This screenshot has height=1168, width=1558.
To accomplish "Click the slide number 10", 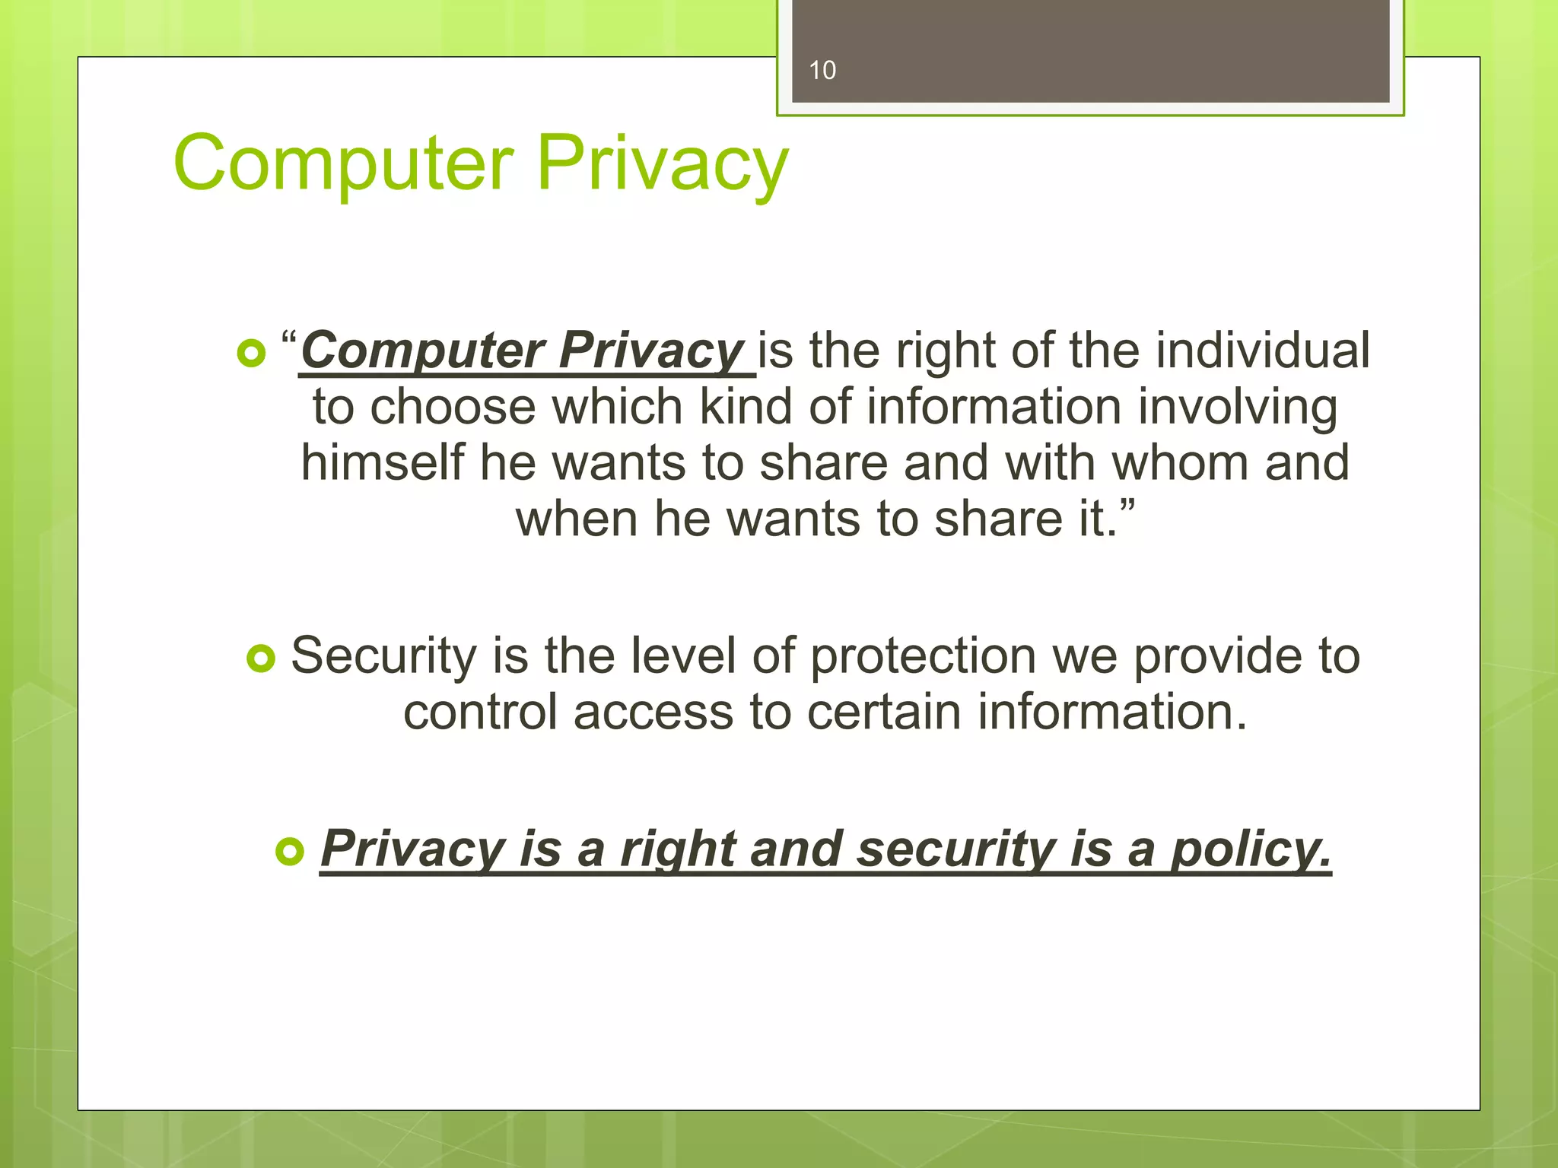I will pos(822,70).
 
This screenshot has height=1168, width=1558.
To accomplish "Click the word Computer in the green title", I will pos(344,163).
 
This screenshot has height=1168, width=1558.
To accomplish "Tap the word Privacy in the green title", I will pos(663,163).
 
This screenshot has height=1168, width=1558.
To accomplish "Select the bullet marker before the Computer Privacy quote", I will pos(251,353).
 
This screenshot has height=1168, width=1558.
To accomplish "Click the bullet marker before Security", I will pos(261,659).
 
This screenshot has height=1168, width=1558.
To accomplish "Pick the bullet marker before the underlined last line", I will pos(289,851).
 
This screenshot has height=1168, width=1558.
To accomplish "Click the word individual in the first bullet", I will pos(1263,351).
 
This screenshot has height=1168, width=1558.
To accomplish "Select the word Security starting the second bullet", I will pos(383,655).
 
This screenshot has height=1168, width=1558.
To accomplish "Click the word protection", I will pos(923,655).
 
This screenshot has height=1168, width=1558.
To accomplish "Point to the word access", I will pos(653,712).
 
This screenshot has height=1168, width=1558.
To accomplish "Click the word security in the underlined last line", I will pos(955,849).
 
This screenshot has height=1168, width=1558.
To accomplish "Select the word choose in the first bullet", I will pos(453,407).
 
